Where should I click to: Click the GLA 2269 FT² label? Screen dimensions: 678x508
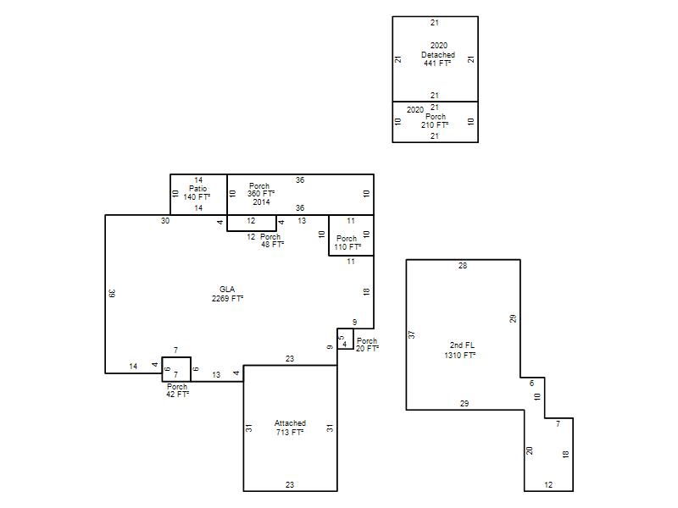pos(227,294)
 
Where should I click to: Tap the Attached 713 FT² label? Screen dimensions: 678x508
pos(290,428)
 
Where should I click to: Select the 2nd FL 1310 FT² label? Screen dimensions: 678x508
pos(460,350)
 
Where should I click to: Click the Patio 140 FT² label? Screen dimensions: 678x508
pos(197,193)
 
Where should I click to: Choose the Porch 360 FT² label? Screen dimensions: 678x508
pos(261,190)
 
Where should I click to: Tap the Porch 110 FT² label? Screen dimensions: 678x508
pos(347,242)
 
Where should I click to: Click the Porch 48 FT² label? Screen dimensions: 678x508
pos(272,240)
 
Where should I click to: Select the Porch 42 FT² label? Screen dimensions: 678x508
pos(177,390)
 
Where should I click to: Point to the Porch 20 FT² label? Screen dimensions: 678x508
pos(367,345)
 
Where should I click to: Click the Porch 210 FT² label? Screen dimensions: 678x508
pos(435,120)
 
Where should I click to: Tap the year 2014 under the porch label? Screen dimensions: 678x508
pos(261,202)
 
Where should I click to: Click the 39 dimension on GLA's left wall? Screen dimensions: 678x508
pos(112,293)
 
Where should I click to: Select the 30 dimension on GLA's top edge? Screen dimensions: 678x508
pos(165,221)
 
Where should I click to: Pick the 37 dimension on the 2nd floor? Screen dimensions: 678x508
pos(411,334)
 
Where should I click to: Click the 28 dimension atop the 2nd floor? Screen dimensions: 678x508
pos(463,266)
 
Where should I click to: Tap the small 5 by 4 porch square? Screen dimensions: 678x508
pos(345,339)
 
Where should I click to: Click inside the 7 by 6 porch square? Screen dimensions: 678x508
pos(176,369)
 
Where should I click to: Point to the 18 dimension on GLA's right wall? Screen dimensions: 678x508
pos(366,291)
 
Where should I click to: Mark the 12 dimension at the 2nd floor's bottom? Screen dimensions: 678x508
pos(548,484)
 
